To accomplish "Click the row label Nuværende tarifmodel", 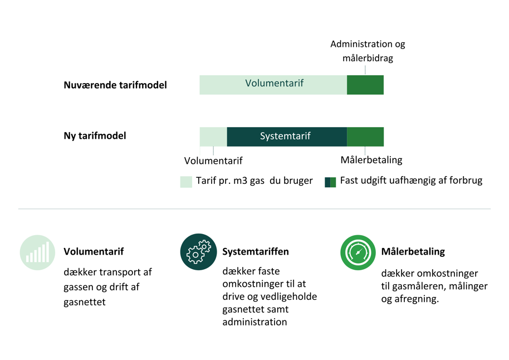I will [x=115, y=85].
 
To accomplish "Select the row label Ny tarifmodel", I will [x=95, y=135].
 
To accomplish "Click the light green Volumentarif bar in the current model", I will [x=273, y=85].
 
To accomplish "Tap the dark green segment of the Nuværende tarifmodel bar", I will [x=365, y=85].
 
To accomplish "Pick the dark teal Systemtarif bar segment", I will [x=286, y=137].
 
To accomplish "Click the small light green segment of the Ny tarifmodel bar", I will [x=213, y=137].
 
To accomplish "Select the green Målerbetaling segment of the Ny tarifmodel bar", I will [x=365, y=137].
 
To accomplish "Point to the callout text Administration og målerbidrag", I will [x=368, y=51].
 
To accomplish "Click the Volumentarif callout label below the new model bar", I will [x=213, y=161].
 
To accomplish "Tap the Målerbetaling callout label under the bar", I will [x=371, y=160].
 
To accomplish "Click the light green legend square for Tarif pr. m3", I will [x=186, y=182].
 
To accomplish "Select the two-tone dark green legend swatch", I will [x=330, y=182].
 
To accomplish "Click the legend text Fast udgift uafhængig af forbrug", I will [x=411, y=181].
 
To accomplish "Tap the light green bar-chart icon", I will [x=38, y=252].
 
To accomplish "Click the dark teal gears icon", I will [x=198, y=252].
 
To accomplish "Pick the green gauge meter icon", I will [x=358, y=252].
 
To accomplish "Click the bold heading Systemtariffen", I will [x=255, y=251].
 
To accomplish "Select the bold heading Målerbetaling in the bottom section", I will [x=413, y=251].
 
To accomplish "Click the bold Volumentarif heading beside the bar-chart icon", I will [x=94, y=251].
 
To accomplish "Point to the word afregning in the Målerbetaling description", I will [x=417, y=299].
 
